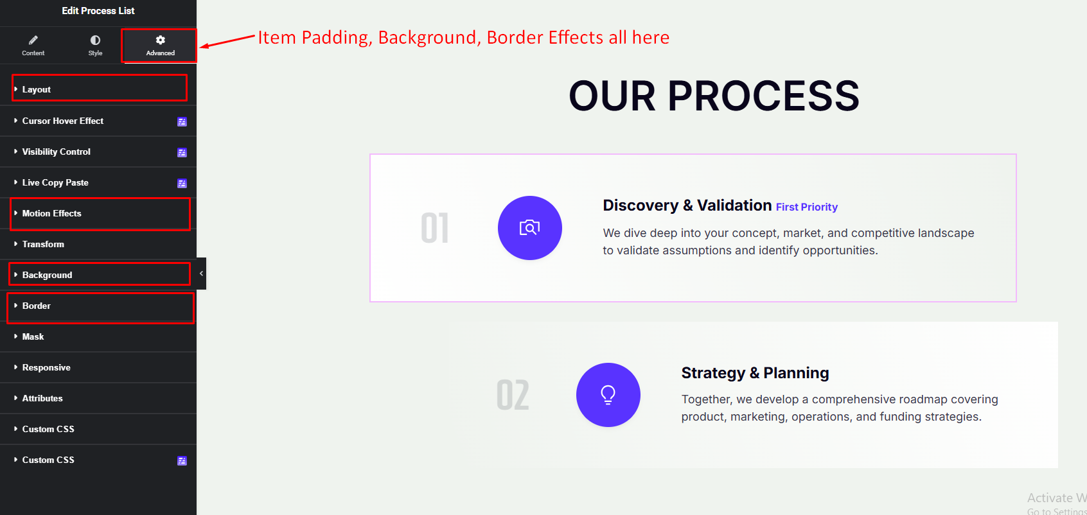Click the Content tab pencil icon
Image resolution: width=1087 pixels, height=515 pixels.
pyautogui.click(x=33, y=40)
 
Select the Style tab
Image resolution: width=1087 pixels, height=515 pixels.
pyautogui.click(x=95, y=46)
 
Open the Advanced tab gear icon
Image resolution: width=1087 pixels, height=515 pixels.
pyautogui.click(x=160, y=40)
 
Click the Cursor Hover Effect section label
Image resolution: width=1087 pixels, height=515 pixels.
pyautogui.click(x=62, y=121)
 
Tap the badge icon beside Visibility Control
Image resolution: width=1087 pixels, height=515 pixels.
pyautogui.click(x=182, y=153)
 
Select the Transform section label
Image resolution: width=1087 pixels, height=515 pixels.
pyautogui.click(x=43, y=244)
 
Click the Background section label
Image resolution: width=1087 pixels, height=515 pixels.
pyautogui.click(x=47, y=275)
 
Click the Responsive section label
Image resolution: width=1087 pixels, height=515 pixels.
pyautogui.click(x=46, y=367)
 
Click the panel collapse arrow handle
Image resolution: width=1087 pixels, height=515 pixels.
pyautogui.click(x=201, y=274)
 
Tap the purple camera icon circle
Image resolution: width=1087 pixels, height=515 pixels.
pyautogui.click(x=530, y=228)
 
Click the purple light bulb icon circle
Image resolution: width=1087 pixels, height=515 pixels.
pyautogui.click(x=608, y=395)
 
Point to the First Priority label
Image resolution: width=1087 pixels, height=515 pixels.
pyautogui.click(x=806, y=207)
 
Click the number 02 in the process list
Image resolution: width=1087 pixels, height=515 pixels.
pyautogui.click(x=513, y=395)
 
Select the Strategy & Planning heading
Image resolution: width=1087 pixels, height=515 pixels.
pyautogui.click(x=755, y=373)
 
